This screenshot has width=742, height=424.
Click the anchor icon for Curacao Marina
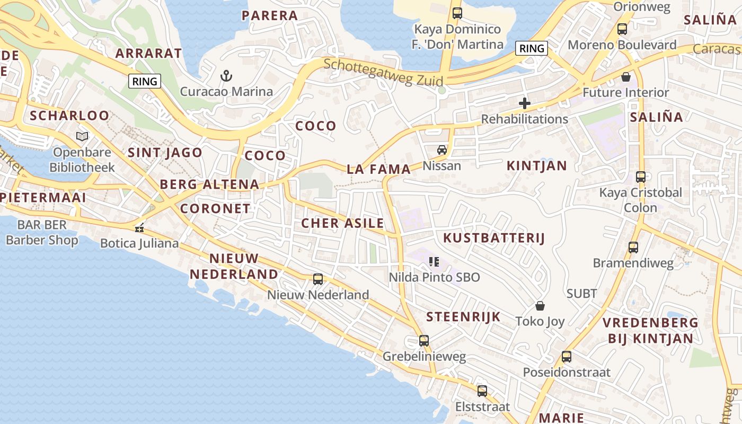[x=226, y=76]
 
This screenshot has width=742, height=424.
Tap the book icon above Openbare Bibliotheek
[x=82, y=137]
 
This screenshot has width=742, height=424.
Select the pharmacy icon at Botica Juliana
[x=139, y=228]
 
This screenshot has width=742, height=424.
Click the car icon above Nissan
[x=441, y=151]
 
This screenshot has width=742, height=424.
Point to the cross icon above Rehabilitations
[x=525, y=103]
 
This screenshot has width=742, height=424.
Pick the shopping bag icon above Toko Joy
[x=540, y=306]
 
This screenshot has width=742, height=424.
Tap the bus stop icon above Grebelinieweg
[x=424, y=341]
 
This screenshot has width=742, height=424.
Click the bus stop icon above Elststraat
[x=482, y=391]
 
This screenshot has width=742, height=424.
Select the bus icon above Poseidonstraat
[x=567, y=357]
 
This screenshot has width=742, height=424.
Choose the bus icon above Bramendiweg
[x=633, y=248]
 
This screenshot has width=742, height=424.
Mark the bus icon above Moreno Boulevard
[x=622, y=30]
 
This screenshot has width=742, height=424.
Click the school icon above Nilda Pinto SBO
[x=434, y=261]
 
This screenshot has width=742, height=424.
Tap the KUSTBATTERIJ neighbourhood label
[x=494, y=238]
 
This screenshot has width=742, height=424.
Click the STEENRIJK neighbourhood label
[x=464, y=317]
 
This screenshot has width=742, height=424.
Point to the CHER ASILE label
[x=342, y=223]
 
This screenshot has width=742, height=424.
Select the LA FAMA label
[x=379, y=170]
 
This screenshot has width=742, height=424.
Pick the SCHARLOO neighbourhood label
[x=69, y=116]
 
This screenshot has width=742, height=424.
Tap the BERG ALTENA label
[x=209, y=184]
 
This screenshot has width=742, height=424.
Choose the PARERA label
[x=270, y=16]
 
